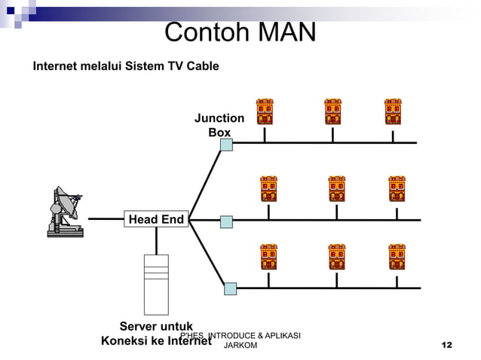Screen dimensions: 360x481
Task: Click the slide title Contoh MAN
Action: [240, 32]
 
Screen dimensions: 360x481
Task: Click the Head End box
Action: [156, 219]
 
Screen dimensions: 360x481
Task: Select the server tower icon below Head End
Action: [156, 284]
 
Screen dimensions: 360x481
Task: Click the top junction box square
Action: [226, 143]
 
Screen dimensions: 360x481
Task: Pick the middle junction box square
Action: [226, 221]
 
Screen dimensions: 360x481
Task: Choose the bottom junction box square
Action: [230, 288]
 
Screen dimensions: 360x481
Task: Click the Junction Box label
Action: [219, 125]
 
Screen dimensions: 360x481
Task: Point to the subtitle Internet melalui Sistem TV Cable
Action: [126, 66]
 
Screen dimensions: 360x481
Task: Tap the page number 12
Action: [446, 345]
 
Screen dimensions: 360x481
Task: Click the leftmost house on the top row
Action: [264, 111]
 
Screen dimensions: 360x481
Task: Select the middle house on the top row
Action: [332, 111]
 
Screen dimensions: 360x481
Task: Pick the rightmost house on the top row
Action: [392, 111]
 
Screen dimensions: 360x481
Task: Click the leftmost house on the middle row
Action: [269, 189]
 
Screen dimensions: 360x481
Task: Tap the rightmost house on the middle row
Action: [397, 189]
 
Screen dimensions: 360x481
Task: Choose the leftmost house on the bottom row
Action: [269, 257]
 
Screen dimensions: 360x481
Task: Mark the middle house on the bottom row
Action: [336, 257]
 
